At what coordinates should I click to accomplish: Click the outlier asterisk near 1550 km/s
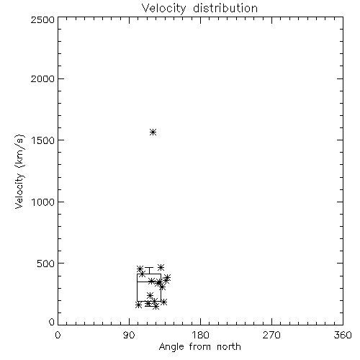(153, 132)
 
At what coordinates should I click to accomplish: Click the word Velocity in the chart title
(163, 8)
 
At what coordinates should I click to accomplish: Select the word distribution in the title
(225, 8)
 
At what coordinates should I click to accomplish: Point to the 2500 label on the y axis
(42, 19)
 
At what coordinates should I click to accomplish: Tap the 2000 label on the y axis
(42, 78)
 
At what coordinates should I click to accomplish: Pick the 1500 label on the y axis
(43, 140)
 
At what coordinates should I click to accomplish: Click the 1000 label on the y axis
(43, 202)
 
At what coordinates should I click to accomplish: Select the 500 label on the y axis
(46, 264)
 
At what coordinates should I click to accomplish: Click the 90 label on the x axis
(129, 335)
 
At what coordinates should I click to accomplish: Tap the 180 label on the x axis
(200, 335)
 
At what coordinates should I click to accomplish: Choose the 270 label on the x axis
(271, 335)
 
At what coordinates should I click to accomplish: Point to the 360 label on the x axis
(343, 335)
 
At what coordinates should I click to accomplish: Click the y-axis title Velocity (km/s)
(19, 171)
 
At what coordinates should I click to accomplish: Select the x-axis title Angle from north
(200, 347)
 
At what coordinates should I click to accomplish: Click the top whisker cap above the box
(149, 267)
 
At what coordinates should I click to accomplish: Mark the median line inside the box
(149, 282)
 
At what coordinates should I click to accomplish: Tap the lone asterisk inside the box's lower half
(150, 295)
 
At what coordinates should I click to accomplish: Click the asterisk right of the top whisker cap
(161, 267)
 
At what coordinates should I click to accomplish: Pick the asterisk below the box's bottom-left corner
(138, 305)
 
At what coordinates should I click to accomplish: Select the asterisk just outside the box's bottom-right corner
(164, 302)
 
